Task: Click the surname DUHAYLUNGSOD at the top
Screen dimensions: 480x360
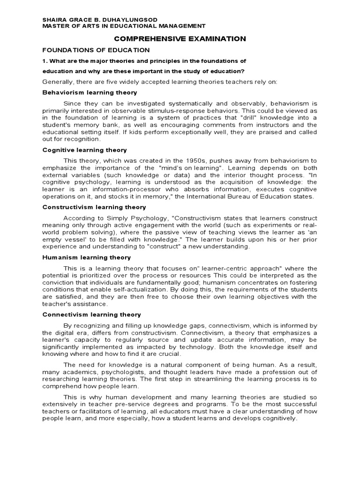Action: coord(131,19)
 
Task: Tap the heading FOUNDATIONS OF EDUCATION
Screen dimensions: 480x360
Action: coord(96,50)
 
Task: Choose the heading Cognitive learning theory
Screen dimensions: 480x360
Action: coord(84,150)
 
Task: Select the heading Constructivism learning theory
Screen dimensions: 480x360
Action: coord(94,207)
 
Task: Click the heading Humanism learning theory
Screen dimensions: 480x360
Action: coord(87,257)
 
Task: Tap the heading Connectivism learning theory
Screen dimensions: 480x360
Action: coord(91,315)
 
